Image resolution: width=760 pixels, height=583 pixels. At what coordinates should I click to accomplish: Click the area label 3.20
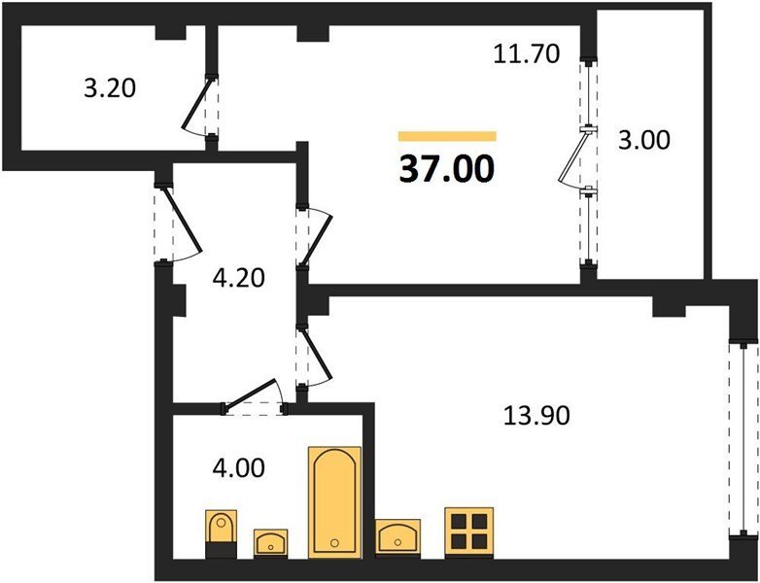(110, 88)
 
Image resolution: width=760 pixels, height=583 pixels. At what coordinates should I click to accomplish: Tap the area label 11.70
(527, 53)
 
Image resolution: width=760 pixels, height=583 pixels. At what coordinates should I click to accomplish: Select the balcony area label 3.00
(644, 141)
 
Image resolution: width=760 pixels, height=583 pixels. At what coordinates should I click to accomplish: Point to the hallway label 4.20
(239, 278)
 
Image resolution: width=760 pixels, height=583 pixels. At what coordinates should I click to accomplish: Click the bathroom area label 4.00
(239, 468)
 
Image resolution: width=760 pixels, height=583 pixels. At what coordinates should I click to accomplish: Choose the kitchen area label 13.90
(536, 415)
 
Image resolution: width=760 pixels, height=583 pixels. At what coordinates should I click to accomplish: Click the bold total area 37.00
(446, 170)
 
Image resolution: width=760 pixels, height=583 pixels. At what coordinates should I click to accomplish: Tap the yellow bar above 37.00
(447, 136)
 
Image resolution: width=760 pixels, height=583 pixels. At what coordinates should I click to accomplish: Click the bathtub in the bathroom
(335, 502)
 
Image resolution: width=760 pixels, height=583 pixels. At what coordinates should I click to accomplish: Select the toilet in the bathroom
(221, 533)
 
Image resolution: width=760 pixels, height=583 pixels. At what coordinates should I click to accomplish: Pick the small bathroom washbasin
(270, 542)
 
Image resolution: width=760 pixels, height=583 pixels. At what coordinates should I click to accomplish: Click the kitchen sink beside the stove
(397, 537)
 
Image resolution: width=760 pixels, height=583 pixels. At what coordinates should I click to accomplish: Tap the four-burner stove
(469, 532)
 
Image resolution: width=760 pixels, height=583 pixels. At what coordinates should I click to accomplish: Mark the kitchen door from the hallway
(316, 357)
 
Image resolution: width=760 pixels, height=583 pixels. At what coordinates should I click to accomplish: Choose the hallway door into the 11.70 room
(316, 237)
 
